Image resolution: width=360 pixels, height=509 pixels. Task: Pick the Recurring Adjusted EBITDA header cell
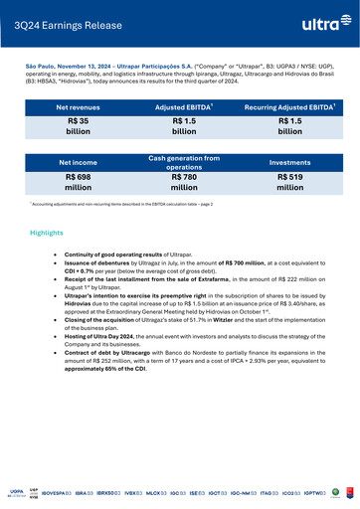coord(289,106)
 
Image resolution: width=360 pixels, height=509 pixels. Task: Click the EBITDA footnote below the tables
coord(119,203)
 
